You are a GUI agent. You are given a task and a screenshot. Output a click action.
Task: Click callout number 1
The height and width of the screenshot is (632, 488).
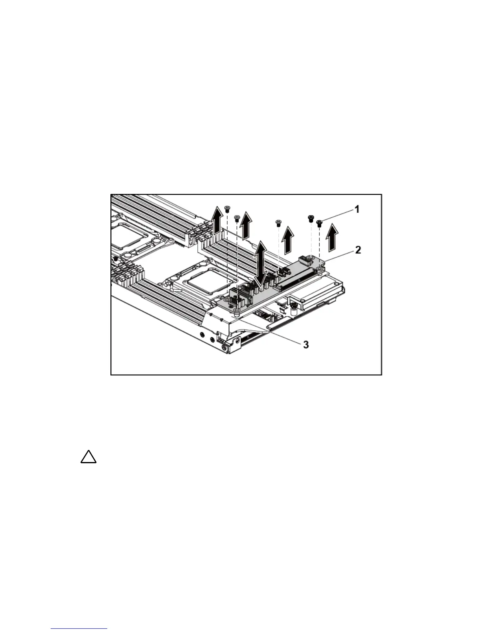[x=357, y=209]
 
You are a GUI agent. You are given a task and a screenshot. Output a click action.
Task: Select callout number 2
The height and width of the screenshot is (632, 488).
[x=358, y=250]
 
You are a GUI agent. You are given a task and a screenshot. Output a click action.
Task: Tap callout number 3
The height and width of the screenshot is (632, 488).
[x=306, y=344]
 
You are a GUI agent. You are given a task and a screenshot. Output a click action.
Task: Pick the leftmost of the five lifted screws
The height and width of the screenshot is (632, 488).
[x=227, y=208]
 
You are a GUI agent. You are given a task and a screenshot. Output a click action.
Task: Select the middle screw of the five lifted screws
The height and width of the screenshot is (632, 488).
[x=278, y=221]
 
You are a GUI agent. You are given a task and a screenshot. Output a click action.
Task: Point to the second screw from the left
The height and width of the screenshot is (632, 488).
[x=236, y=218]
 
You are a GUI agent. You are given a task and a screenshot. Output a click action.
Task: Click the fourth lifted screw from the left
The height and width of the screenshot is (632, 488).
[x=310, y=218]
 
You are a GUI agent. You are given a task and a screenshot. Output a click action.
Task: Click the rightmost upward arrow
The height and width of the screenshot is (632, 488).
[x=331, y=237]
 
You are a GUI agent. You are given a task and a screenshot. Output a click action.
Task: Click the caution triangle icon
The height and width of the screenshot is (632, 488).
[x=88, y=457]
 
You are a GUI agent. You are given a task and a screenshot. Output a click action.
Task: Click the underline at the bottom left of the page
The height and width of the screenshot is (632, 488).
[x=79, y=629]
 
